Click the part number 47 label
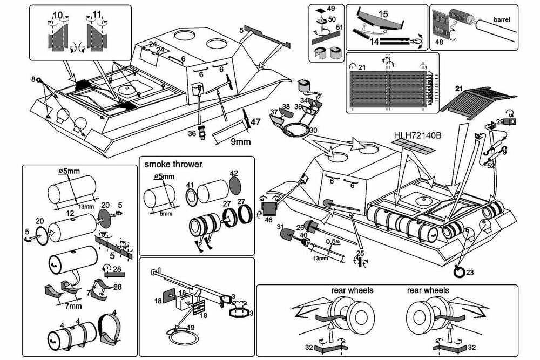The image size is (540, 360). tap(256, 121)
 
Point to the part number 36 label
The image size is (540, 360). tap(192, 133)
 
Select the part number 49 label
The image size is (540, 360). tap(331, 9)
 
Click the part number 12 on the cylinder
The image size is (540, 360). tap(70, 214)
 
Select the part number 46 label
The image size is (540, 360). tap(268, 220)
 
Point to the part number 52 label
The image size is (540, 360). tap(490, 166)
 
